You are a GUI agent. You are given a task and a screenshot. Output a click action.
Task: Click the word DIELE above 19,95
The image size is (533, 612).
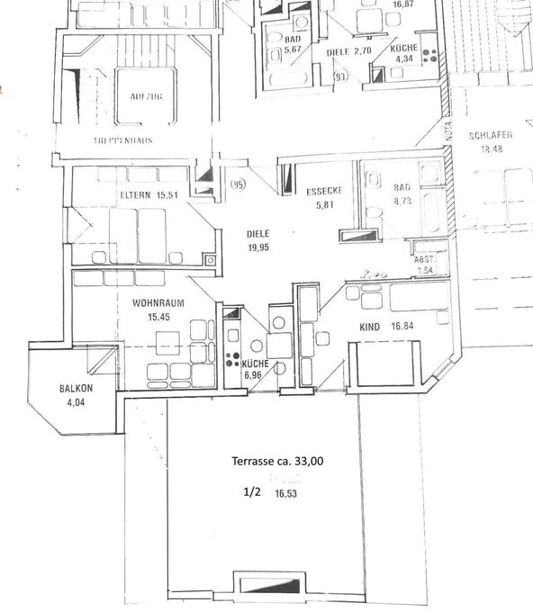(258, 233)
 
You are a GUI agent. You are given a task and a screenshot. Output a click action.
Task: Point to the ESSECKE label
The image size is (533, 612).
(321, 191)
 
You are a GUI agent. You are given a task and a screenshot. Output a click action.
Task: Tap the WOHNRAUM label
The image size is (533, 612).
(158, 303)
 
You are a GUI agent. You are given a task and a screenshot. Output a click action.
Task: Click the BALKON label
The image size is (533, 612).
(77, 389)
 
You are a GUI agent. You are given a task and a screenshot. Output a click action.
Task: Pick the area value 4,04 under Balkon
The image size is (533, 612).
(75, 402)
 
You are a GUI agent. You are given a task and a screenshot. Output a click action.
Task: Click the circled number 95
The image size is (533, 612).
(238, 185)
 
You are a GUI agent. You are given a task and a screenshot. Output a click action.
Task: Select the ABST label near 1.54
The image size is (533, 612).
(422, 259)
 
